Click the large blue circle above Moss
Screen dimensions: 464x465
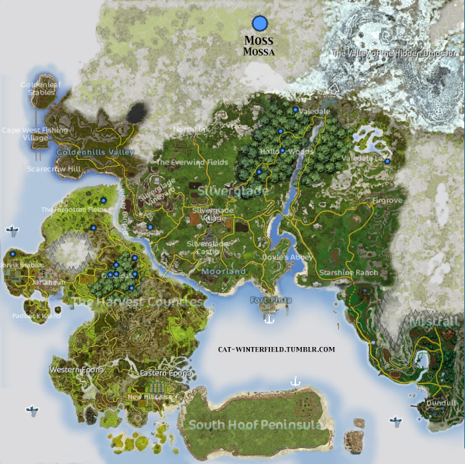[260, 24]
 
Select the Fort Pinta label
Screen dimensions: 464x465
[271, 300]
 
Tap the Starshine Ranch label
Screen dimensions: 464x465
[348, 273]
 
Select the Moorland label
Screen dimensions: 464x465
[223, 272]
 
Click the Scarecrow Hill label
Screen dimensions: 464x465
[53, 169]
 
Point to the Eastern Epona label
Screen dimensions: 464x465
[166, 373]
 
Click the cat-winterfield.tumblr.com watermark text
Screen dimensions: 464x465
[277, 349]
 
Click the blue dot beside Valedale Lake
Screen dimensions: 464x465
[387, 160]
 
